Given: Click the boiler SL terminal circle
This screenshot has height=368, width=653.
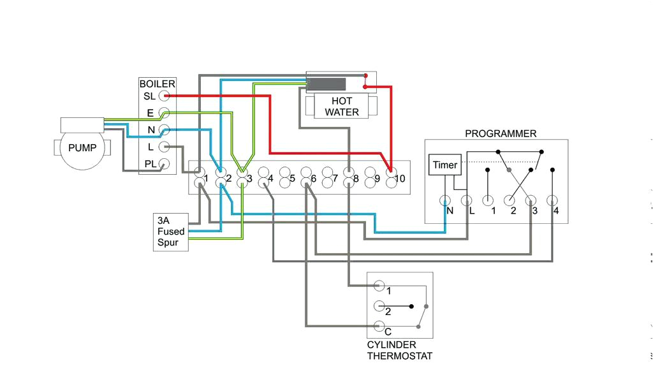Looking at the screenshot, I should point(165,96).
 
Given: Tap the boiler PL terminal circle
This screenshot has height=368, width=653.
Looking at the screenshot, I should point(165,163).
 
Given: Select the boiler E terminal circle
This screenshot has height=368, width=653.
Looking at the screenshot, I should point(165,113).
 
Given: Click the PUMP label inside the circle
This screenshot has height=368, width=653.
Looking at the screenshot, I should point(82,148).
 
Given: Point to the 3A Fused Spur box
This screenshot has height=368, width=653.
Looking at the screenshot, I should point(171,232).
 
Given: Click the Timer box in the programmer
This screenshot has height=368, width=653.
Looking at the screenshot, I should point(444,165).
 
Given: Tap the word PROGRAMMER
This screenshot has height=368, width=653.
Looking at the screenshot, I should point(500,133).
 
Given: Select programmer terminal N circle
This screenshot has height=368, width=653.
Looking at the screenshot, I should point(445,202).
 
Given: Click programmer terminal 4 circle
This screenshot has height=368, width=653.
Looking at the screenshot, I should point(552,202).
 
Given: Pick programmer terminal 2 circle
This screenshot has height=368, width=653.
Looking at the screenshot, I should point(510,202).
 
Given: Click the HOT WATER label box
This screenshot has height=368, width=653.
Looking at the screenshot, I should point(342,107).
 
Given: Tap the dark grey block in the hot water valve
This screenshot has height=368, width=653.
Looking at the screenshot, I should point(327,84).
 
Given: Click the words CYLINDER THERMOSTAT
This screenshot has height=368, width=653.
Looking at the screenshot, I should point(399,350).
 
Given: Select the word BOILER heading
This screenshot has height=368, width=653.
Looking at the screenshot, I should point(157,84).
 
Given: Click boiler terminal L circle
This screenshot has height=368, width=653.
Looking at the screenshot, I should point(165,147).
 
